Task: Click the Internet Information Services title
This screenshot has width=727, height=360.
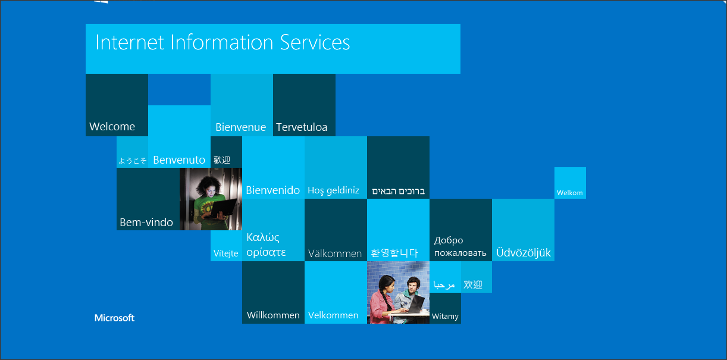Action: [x=223, y=43]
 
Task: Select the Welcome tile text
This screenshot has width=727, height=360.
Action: [x=112, y=126]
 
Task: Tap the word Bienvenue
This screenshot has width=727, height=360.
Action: [x=240, y=127]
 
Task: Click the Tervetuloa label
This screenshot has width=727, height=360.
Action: [x=302, y=127]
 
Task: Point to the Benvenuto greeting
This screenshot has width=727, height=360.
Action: [x=179, y=159]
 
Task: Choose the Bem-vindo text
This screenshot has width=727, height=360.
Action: [x=146, y=223]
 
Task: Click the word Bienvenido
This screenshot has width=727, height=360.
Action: [x=273, y=190]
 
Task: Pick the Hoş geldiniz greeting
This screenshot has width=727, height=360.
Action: [x=333, y=190]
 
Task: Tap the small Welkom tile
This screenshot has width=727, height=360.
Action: [x=570, y=193]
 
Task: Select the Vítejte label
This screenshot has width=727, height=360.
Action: [x=226, y=253]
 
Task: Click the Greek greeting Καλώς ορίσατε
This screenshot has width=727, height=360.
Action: [x=267, y=245]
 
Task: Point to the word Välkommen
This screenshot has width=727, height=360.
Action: [x=335, y=253]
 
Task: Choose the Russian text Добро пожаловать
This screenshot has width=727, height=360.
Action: [x=460, y=247]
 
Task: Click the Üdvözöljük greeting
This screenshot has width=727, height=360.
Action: [x=524, y=253]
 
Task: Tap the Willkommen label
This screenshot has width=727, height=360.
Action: [x=273, y=315]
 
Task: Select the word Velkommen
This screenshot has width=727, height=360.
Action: [x=333, y=315]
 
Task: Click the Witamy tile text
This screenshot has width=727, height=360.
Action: [x=445, y=317]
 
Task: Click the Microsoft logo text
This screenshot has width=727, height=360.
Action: [x=114, y=318]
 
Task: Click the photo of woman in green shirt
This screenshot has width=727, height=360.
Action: [x=211, y=199]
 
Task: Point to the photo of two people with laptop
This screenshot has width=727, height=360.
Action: [x=398, y=292]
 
